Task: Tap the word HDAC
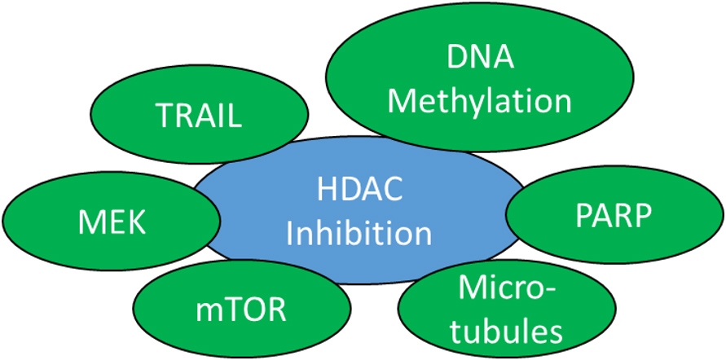(x=359, y=191)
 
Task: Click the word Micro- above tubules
(x=508, y=291)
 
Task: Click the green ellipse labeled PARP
(x=614, y=215)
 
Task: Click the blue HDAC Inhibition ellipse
(x=359, y=210)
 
